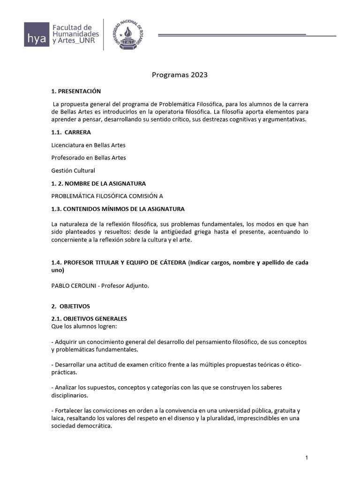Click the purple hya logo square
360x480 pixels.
(37, 34)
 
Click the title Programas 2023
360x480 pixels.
(180, 75)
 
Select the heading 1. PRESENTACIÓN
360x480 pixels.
(76, 91)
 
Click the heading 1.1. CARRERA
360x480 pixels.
(71, 132)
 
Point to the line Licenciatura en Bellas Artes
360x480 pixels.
(89, 145)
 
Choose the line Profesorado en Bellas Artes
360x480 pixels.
(89, 157)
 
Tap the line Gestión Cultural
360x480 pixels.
(73, 170)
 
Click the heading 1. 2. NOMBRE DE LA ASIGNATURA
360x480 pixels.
(98, 183)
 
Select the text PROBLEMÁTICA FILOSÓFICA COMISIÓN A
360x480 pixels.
(107, 195)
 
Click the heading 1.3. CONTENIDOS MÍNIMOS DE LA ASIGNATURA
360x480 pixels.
(118, 209)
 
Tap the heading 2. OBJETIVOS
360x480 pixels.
(70, 306)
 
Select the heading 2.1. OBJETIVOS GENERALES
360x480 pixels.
(89, 318)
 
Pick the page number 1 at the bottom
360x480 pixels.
(306, 457)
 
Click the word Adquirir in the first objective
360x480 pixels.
(67, 342)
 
